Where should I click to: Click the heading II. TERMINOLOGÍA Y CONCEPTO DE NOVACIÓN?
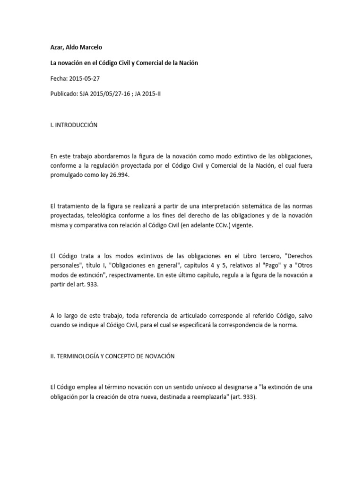point(112,356)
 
